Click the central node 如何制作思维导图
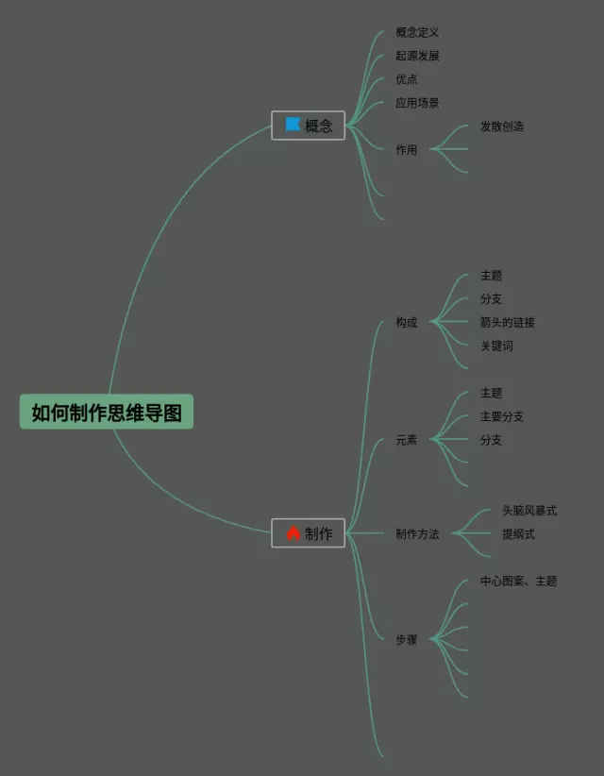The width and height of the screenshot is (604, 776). (x=107, y=413)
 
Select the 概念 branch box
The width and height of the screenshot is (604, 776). (x=309, y=126)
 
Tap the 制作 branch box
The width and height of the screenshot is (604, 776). (x=309, y=533)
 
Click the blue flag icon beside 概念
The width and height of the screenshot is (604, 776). (x=293, y=125)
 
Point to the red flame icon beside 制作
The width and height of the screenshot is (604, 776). (x=293, y=533)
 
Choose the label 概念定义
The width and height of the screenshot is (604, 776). (x=417, y=33)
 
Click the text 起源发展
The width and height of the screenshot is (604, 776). (x=417, y=56)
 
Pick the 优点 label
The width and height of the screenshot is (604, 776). (x=406, y=79)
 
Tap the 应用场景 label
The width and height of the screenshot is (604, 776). (x=417, y=103)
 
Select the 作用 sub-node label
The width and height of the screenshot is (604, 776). (x=406, y=150)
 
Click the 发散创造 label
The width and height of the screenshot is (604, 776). (x=501, y=127)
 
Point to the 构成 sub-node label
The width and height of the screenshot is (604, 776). (x=406, y=323)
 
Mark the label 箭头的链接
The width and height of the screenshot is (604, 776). (x=507, y=323)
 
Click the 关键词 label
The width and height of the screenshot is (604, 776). (x=496, y=346)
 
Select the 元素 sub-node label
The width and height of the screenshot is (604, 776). (x=406, y=440)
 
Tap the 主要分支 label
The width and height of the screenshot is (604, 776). (x=501, y=416)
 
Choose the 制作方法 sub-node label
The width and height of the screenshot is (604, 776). (x=417, y=534)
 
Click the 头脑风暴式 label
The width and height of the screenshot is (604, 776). (x=529, y=511)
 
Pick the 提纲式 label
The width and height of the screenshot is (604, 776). (x=518, y=534)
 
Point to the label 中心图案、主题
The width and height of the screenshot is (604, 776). (x=518, y=582)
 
